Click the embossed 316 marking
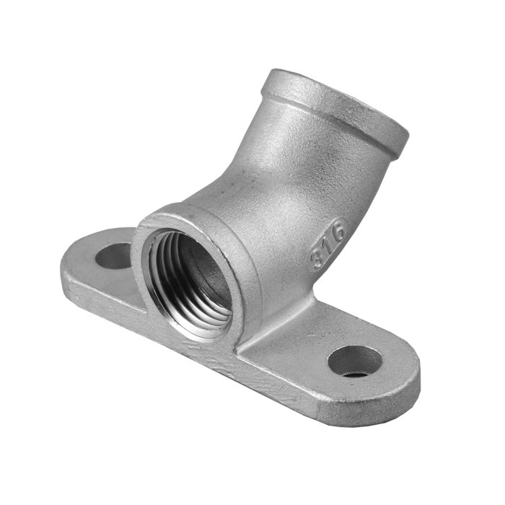328,243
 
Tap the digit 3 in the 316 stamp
318,258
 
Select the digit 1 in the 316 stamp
328,244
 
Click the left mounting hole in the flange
114,256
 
